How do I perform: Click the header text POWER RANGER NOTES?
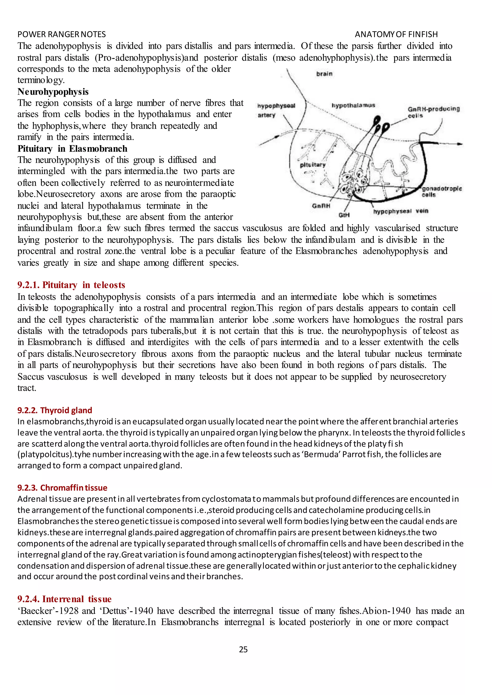61,34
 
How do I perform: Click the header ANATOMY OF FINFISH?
396,34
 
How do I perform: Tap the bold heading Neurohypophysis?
53,92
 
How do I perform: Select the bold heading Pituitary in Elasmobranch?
72,149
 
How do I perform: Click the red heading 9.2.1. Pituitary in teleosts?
71,285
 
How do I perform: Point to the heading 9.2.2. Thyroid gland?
55,410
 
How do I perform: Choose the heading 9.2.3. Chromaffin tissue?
62,488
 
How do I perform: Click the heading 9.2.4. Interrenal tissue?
64,599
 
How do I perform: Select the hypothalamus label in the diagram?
353,105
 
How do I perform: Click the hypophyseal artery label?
276,110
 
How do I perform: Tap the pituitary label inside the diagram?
312,165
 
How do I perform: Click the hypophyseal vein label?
400,211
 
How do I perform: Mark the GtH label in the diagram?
344,215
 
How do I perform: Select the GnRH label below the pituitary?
321,206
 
